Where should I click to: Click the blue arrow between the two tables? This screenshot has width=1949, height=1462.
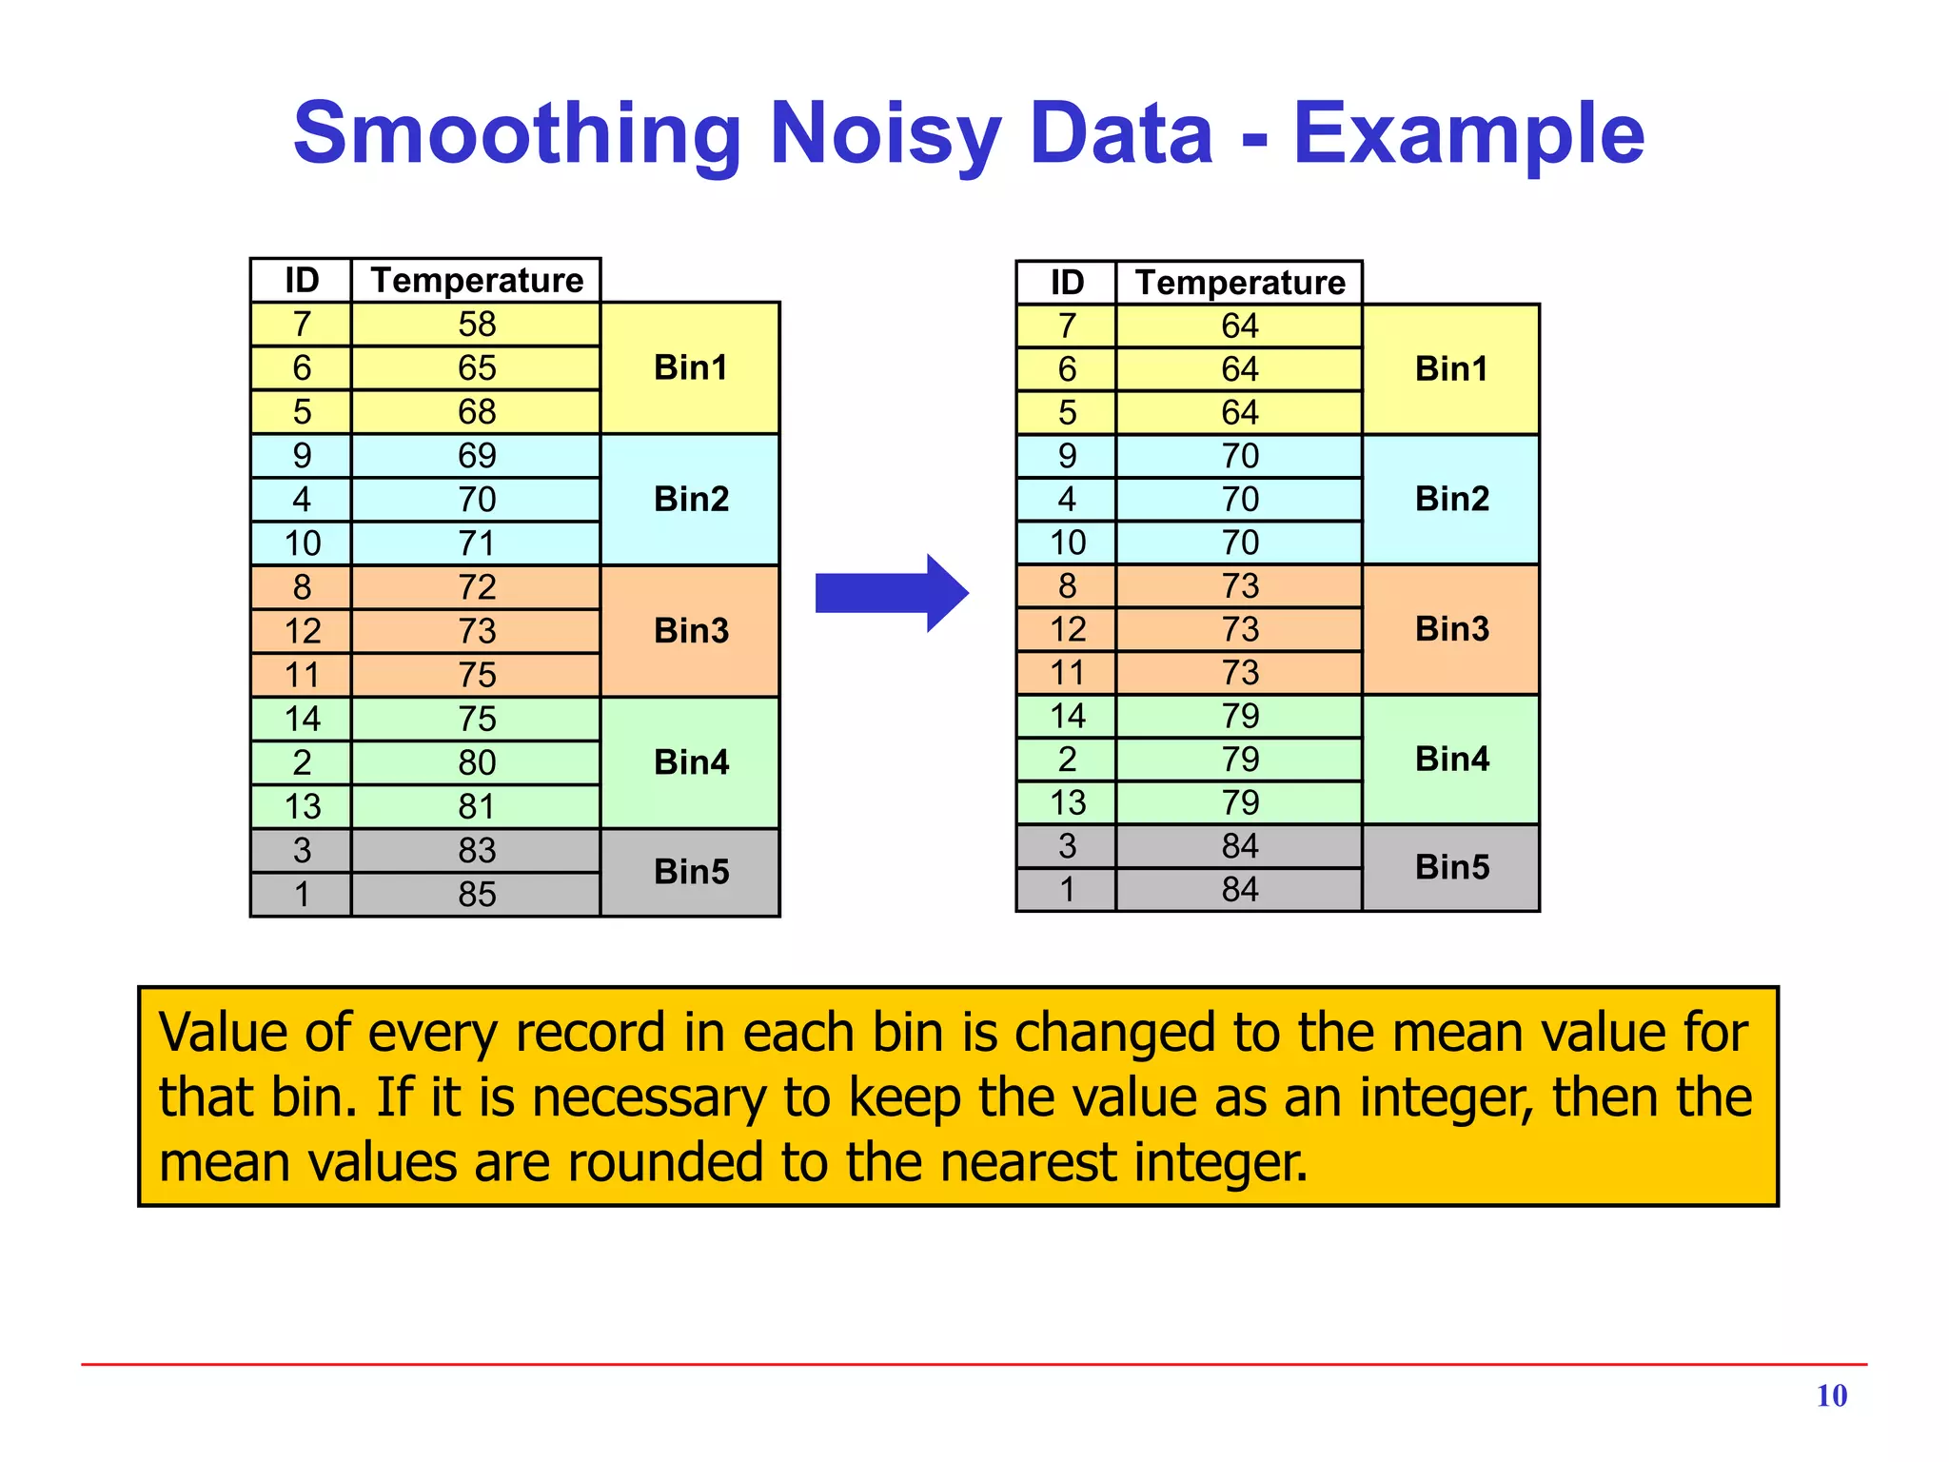(x=891, y=593)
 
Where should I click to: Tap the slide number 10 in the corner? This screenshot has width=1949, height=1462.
(x=1831, y=1395)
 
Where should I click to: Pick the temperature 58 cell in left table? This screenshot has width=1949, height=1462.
(x=477, y=325)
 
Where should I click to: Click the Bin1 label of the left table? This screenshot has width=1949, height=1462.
(x=691, y=367)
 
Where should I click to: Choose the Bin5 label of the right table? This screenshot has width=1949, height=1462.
(x=1451, y=867)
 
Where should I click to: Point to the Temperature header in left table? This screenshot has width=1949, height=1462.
(x=477, y=281)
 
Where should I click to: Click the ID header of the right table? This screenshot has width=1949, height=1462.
(x=1067, y=283)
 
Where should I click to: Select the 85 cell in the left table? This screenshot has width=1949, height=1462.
(x=477, y=894)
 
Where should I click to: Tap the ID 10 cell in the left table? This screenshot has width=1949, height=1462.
(x=302, y=543)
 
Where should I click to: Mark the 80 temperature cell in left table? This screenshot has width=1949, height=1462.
(x=477, y=762)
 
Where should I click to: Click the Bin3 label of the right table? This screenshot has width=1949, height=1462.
(x=1451, y=629)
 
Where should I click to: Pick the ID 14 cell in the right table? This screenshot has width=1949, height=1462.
(x=1067, y=716)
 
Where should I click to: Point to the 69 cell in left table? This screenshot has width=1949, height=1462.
(x=477, y=456)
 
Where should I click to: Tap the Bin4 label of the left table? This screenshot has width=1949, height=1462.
(x=691, y=762)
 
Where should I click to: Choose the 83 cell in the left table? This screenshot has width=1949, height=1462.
(x=477, y=850)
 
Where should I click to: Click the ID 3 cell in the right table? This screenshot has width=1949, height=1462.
(x=1067, y=846)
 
